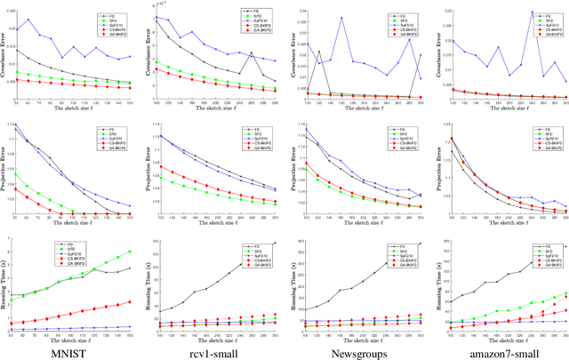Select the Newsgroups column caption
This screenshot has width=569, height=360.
355,348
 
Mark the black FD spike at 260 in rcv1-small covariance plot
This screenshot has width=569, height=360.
252,52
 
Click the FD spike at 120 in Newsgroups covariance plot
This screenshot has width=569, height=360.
319,52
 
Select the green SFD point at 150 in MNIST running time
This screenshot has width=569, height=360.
132,252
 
